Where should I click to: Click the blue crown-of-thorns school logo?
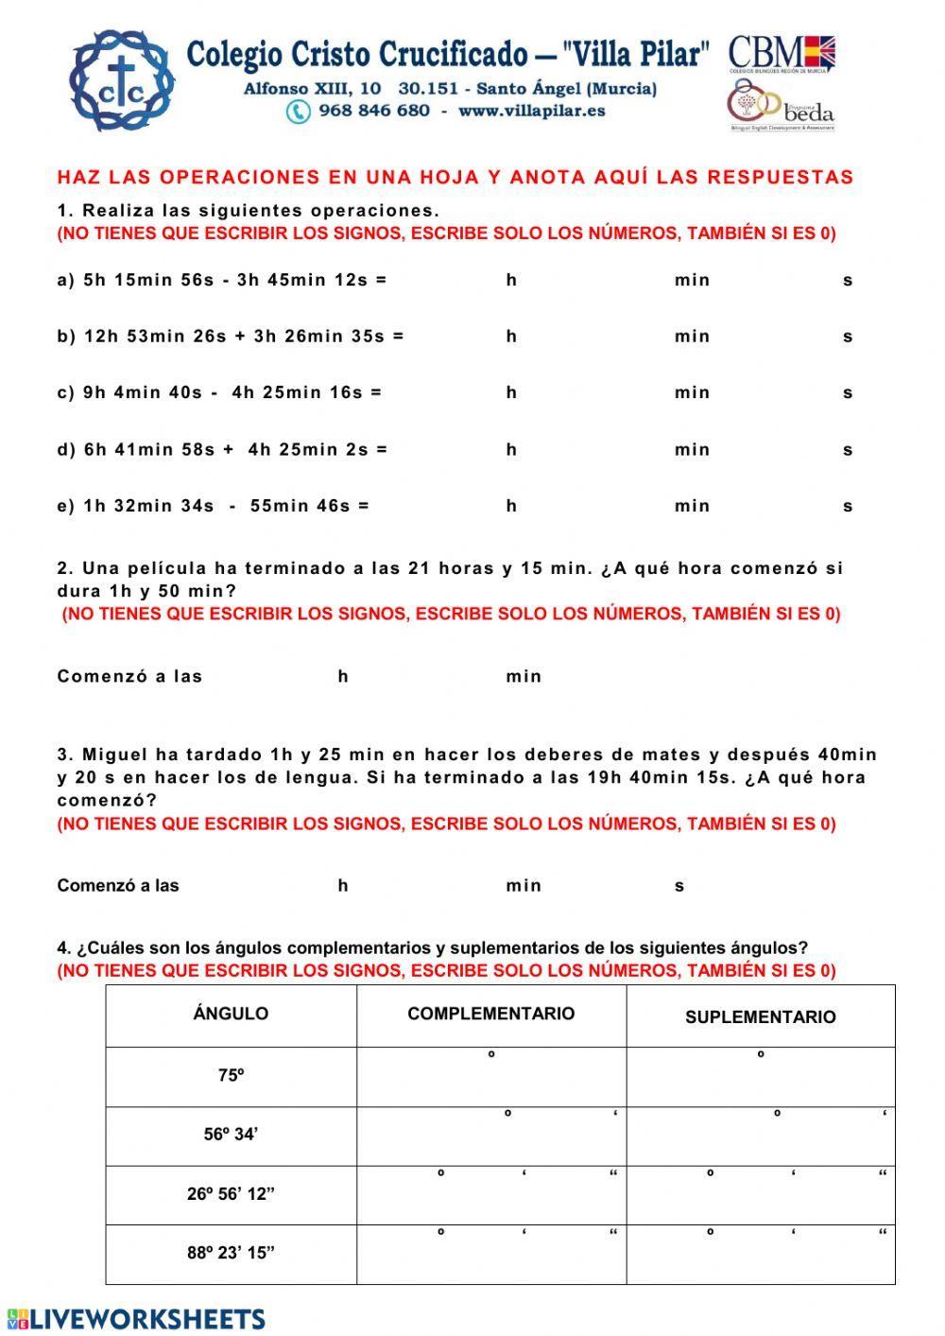[x=124, y=80]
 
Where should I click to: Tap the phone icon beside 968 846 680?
[x=299, y=112]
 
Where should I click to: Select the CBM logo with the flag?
[x=782, y=53]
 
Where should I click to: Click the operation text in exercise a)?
[x=221, y=280]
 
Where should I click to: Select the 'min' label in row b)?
[x=692, y=337]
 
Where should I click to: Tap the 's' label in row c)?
[x=848, y=393]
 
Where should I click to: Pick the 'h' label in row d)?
[x=511, y=450]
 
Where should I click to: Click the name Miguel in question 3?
[x=116, y=755]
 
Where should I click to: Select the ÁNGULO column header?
[x=231, y=1014]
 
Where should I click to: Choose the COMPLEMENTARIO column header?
[x=490, y=1014]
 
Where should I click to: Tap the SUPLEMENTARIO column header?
[x=760, y=1017]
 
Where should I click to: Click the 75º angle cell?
[x=232, y=1075]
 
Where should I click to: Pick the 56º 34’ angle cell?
[x=231, y=1135]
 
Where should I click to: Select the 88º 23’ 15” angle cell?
[x=231, y=1253]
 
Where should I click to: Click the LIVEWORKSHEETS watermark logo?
[x=137, y=1319]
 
